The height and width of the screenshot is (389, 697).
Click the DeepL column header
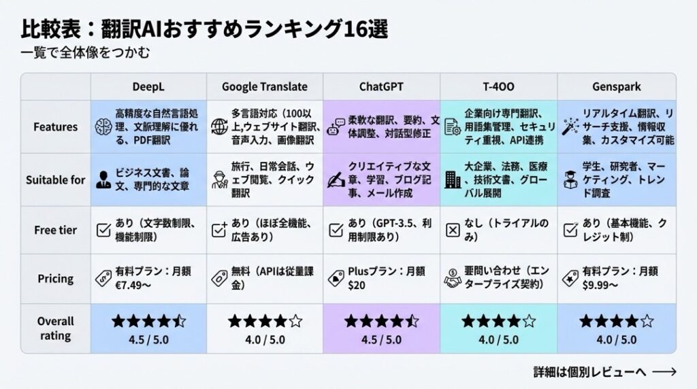[148, 86]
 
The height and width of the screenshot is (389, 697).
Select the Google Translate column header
[265, 86]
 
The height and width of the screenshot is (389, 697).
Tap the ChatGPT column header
[381, 86]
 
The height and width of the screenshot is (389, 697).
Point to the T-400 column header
[498, 86]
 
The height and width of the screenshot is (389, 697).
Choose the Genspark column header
[617, 86]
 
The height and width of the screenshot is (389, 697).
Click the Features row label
[56, 127]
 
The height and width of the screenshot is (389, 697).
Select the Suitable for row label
[56, 180]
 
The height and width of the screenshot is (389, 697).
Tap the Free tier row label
[56, 230]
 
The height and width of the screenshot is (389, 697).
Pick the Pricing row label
[56, 278]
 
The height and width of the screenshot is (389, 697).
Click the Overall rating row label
[56, 328]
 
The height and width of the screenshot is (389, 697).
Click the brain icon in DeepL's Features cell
[103, 127]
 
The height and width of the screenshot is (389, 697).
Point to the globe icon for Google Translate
[219, 127]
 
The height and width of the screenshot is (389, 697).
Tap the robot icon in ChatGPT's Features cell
[336, 127]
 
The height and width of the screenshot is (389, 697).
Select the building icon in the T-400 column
[453, 180]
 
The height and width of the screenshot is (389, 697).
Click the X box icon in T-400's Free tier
[453, 230]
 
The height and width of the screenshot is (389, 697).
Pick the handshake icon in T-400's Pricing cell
[453, 278]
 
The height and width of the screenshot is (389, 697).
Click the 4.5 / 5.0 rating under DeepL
[148, 340]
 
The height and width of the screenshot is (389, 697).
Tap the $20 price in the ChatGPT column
[357, 285]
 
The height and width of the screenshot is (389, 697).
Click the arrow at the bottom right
[664, 372]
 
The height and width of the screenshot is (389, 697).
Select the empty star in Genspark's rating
[647, 320]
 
